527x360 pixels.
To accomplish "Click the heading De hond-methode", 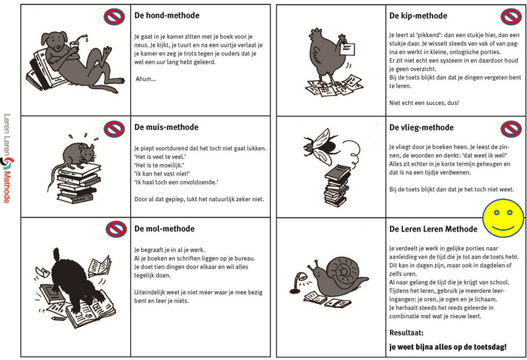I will point(167,15).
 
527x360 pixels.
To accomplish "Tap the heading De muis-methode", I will point(166,127).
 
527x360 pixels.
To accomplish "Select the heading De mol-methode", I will point(164,229).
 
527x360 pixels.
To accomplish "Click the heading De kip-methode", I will point(418,15).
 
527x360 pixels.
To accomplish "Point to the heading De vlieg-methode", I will point(421,127).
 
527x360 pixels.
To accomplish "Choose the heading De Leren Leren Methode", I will point(433,229).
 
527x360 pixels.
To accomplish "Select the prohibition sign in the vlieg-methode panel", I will point(511,128).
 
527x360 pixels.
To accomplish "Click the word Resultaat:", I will point(406,333).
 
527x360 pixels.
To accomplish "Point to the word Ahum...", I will point(146,79).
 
